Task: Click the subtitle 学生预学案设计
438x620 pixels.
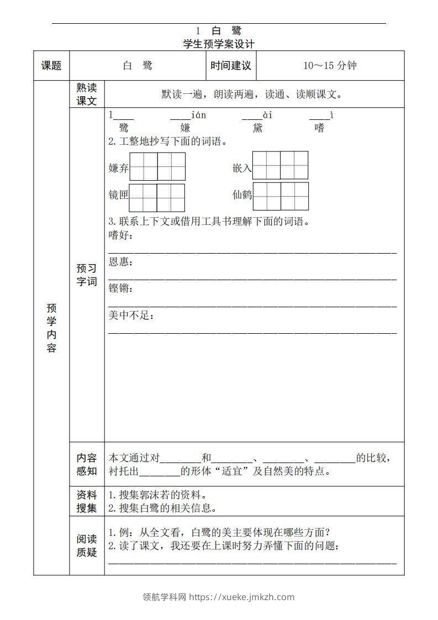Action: (219, 44)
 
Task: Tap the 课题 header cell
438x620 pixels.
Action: (51, 66)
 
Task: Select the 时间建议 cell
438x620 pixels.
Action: (231, 66)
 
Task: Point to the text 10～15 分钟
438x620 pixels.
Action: (330, 66)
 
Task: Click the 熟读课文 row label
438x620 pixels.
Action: (87, 94)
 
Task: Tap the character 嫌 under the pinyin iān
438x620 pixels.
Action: (185, 128)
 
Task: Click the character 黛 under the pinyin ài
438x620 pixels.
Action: (258, 128)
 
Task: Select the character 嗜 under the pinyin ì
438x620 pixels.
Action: (320, 128)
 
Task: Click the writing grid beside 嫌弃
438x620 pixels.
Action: (157, 167)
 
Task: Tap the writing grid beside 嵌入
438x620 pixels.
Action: (280, 165)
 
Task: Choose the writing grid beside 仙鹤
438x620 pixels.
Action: (281, 196)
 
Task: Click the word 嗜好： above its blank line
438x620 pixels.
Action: (121, 236)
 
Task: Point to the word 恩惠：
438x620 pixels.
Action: (121, 262)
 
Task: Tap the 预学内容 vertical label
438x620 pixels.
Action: (51, 328)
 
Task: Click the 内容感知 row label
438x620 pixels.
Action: (87, 464)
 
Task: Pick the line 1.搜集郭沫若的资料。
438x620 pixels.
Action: (158, 495)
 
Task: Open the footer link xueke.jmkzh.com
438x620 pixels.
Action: (242, 597)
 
